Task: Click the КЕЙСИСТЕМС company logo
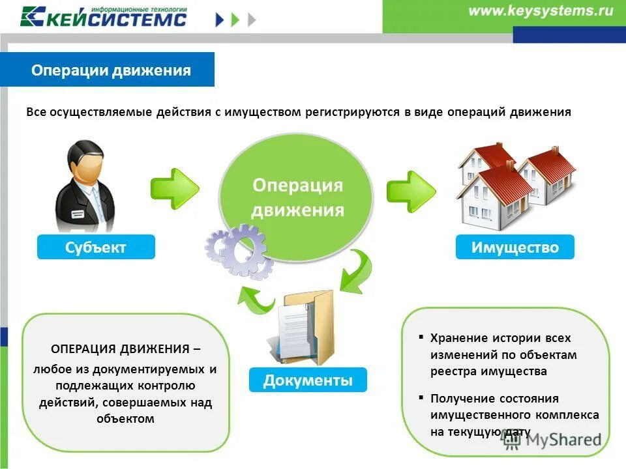pyautogui.click(x=104, y=16)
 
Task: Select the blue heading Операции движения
pyautogui.click(x=111, y=70)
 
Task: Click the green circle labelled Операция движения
pyautogui.click(x=297, y=197)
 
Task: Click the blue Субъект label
pyautogui.click(x=96, y=248)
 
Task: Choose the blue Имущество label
pyautogui.click(x=514, y=248)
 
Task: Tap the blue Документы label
pyautogui.click(x=308, y=380)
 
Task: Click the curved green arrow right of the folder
pyautogui.click(x=355, y=274)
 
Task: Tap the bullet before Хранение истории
pyautogui.click(x=421, y=338)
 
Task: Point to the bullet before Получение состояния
pyautogui.click(x=421, y=397)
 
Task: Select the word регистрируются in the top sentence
pyautogui.click(x=351, y=112)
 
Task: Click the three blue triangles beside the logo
pyautogui.click(x=236, y=20)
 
